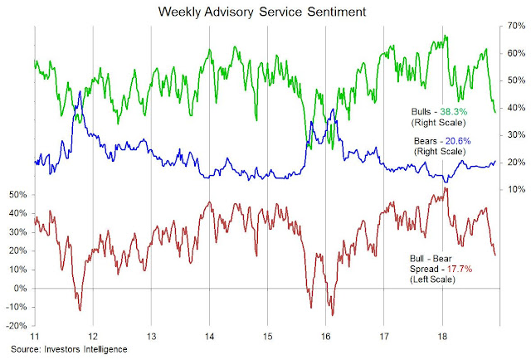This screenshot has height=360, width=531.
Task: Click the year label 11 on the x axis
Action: tap(34, 338)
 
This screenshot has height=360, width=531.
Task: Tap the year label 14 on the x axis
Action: tap(209, 338)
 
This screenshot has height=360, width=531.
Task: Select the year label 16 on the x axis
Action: tap(326, 338)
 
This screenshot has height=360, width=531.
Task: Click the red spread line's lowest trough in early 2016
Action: tap(333, 315)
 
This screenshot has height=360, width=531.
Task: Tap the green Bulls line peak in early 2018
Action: tap(446, 36)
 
